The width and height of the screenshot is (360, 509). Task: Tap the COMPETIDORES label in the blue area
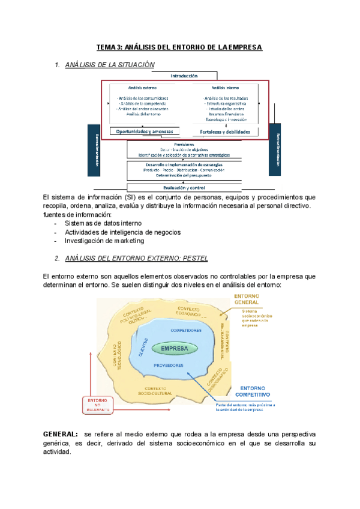point(185,331)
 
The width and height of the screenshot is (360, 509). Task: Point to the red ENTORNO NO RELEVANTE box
point(97,405)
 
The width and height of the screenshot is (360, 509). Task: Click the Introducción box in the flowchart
point(184,76)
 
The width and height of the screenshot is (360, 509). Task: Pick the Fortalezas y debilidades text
point(229,131)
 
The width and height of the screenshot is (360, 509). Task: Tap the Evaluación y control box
point(184,170)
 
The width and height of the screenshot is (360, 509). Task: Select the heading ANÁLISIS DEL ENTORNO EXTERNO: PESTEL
point(136,258)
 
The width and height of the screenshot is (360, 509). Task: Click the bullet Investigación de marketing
point(104,241)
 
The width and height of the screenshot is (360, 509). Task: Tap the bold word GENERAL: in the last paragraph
point(61,433)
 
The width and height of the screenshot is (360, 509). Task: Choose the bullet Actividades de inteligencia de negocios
point(123,232)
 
